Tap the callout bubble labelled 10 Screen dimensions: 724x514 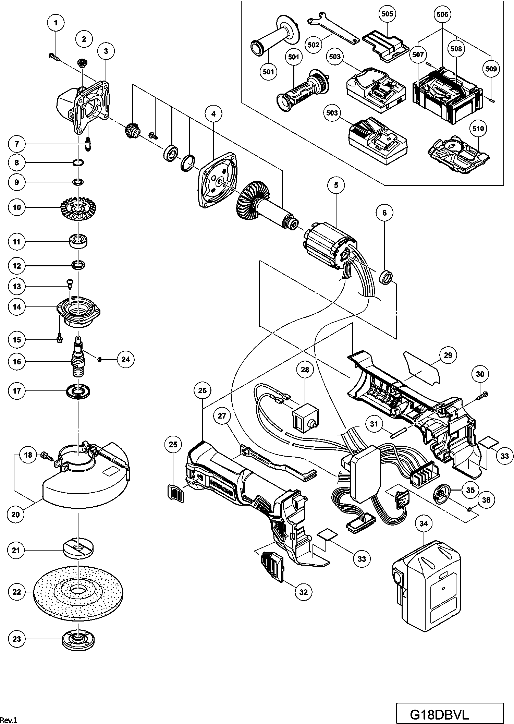point(17,207)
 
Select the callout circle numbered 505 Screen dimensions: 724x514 point(387,14)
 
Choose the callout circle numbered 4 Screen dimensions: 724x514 point(213,113)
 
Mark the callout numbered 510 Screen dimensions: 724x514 point(478,129)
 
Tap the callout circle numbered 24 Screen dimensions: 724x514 point(126,359)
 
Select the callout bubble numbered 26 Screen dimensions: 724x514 point(202,390)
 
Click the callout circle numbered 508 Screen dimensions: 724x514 point(456,49)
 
